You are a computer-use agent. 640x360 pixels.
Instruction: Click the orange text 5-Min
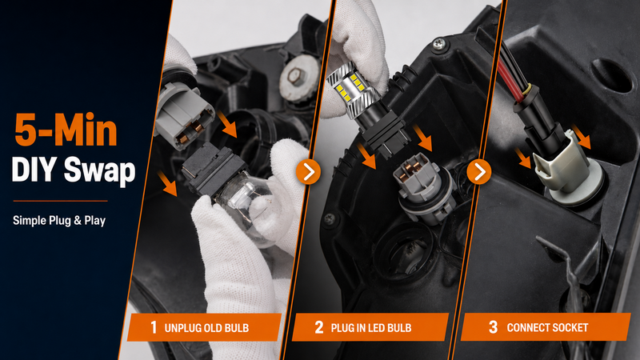66,130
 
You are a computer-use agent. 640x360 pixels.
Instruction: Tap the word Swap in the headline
99,170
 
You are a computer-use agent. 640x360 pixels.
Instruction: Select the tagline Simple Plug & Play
59,221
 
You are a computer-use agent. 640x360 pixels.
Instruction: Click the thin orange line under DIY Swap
61,201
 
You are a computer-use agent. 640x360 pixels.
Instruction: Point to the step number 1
154,327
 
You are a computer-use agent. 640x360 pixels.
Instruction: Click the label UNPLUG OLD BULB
206,328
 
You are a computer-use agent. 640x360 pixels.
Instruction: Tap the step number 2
318,327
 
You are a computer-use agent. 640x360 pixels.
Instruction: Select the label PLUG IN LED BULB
371,328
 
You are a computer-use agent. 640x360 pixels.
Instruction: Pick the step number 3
493,327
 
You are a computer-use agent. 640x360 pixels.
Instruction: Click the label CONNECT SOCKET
547,327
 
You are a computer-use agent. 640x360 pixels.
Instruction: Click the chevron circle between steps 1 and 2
308,172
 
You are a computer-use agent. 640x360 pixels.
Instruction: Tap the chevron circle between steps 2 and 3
478,172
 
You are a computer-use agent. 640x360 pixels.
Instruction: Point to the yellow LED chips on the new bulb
348,86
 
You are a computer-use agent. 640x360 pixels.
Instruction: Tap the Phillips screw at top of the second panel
438,43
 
